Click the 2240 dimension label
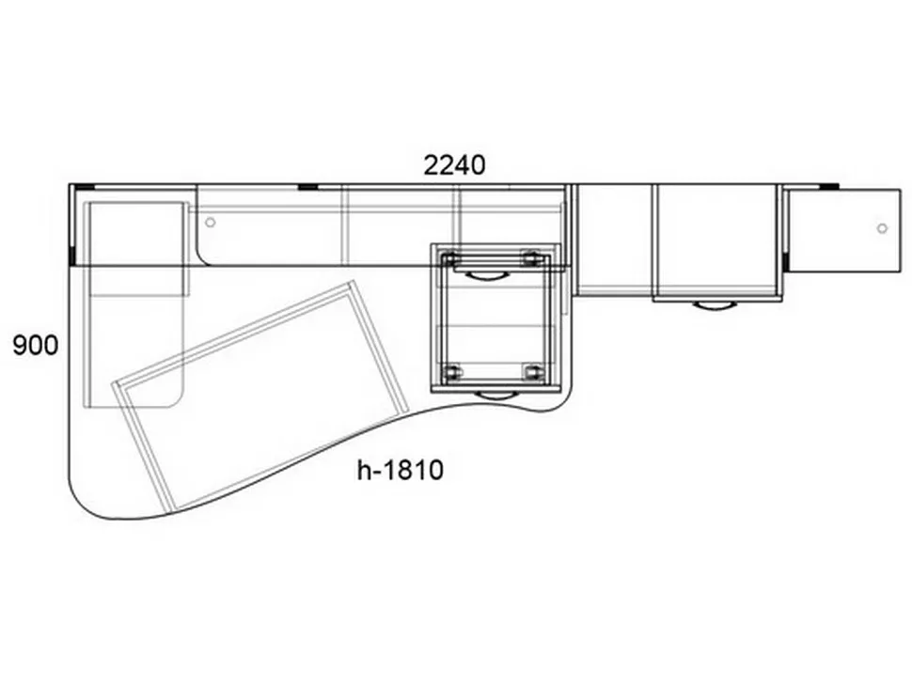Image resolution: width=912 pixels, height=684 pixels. point(454,165)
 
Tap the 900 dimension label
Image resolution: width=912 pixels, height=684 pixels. point(36,346)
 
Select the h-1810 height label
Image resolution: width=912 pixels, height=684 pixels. point(401,470)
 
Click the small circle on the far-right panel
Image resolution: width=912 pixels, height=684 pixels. point(882,228)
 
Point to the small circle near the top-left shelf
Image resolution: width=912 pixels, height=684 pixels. point(211,222)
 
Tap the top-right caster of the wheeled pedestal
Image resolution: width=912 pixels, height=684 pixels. point(530,258)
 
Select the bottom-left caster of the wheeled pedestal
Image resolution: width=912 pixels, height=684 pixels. point(451,372)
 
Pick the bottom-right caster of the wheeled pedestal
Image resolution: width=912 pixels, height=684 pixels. point(531,372)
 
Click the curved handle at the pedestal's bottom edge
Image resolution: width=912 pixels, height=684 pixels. point(496,396)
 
